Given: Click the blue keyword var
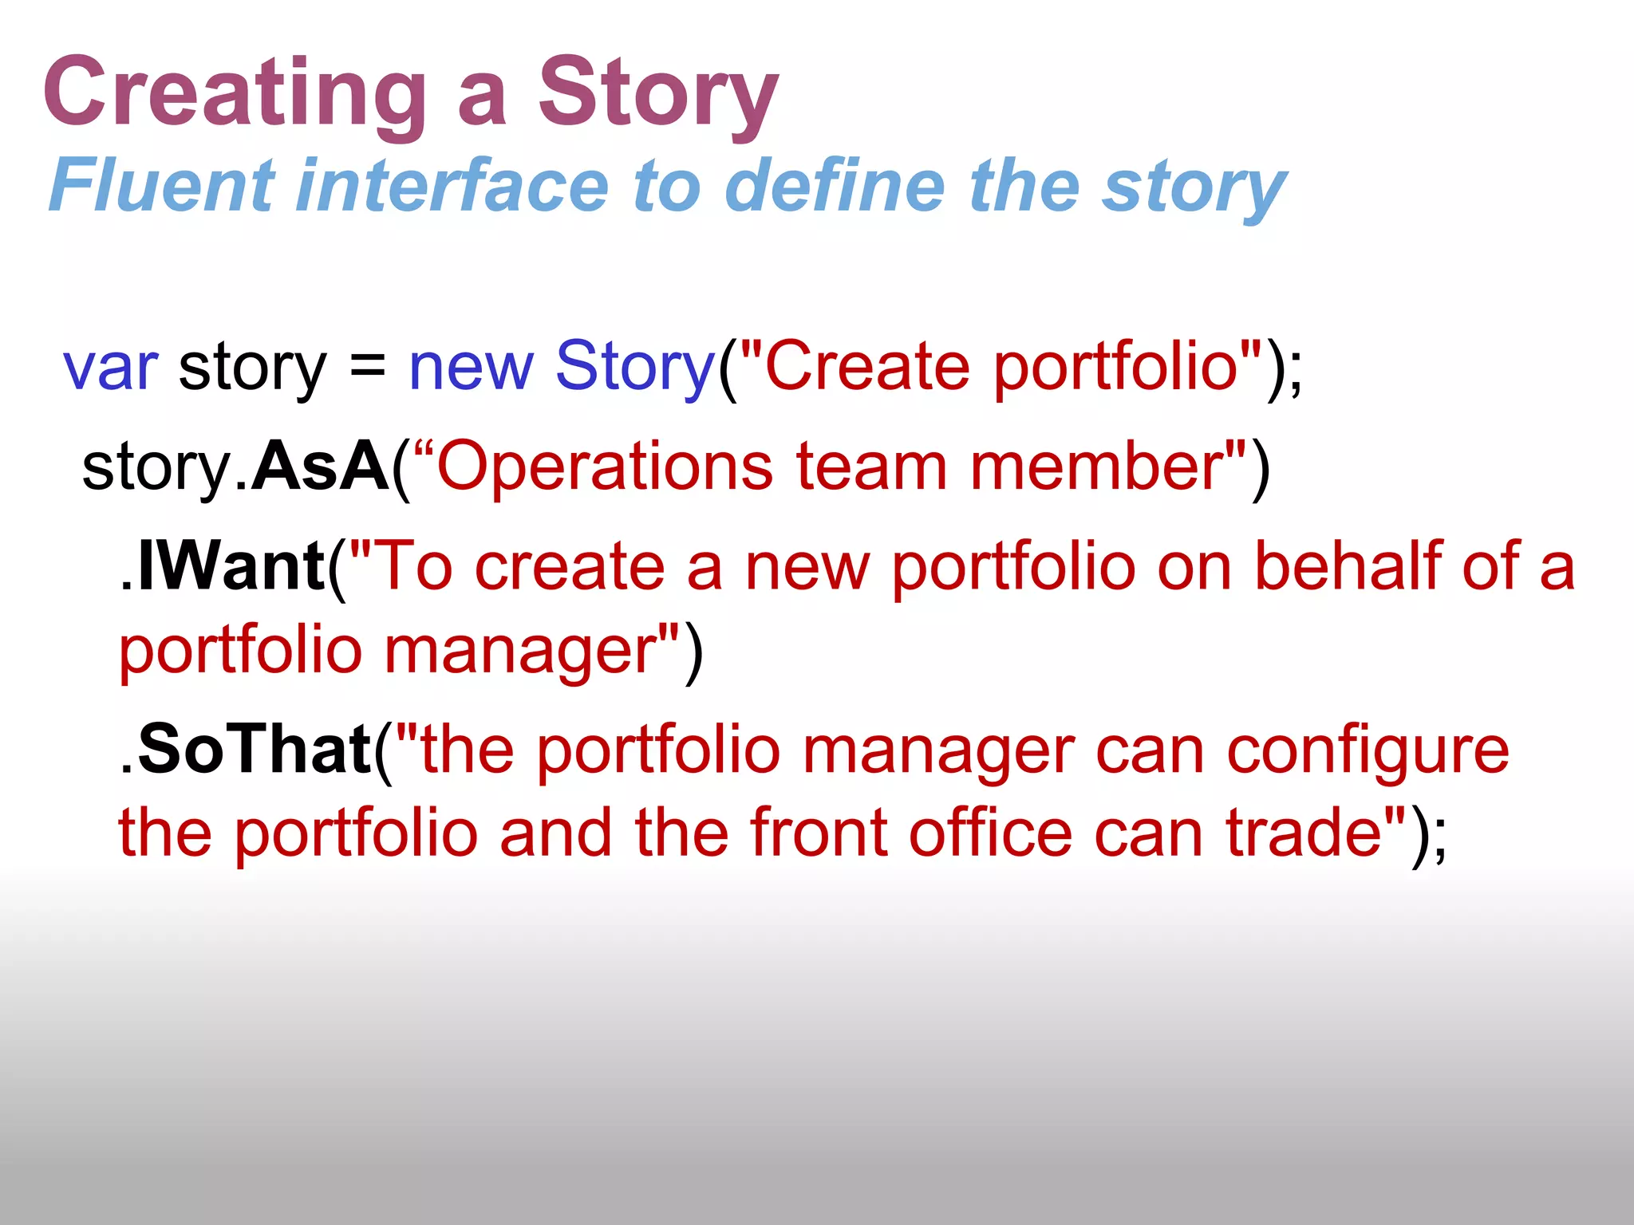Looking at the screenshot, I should [110, 367].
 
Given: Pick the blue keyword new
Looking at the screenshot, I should [471, 367].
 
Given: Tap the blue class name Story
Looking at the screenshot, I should [635, 367].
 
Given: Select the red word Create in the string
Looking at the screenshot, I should [866, 367].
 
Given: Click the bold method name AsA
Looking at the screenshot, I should [319, 467].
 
